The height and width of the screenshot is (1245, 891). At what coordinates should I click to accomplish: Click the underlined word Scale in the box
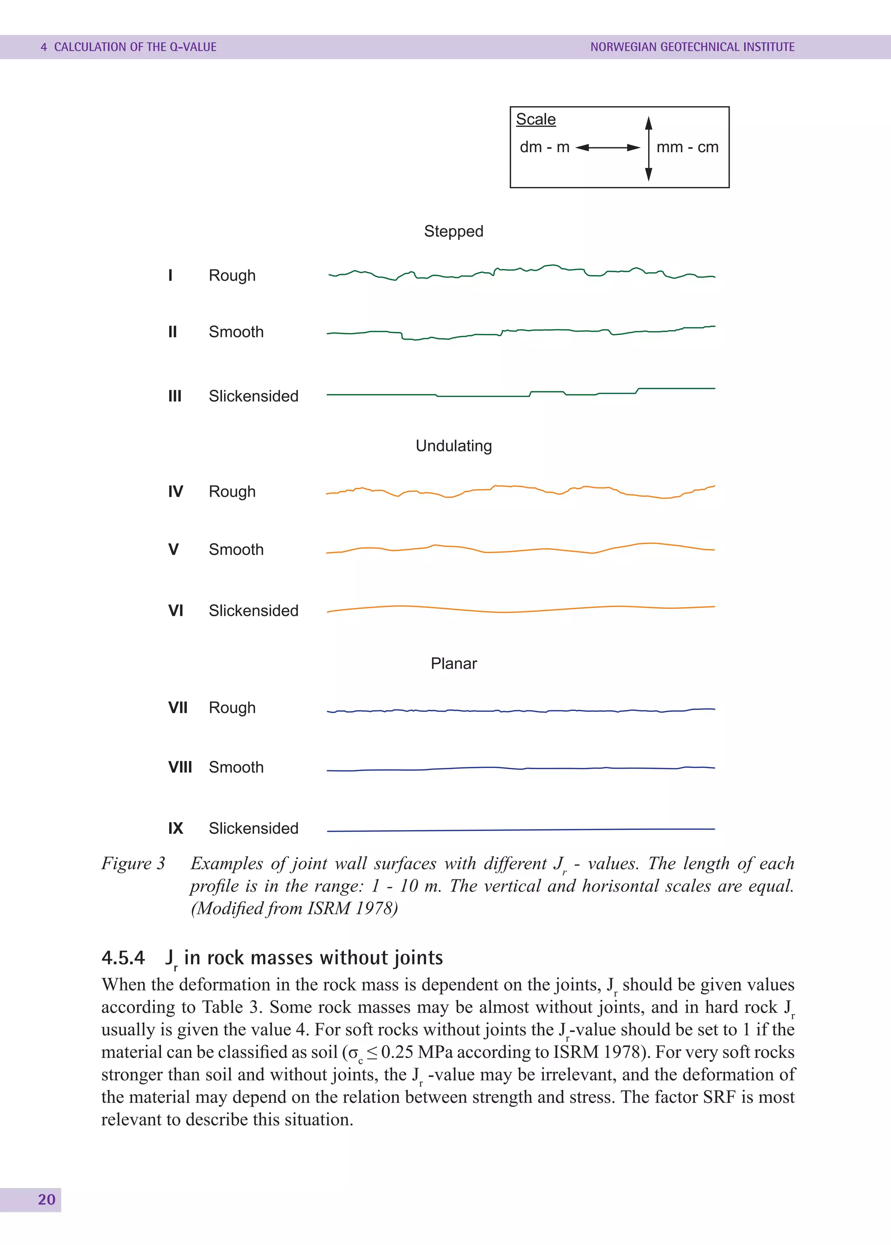(536, 119)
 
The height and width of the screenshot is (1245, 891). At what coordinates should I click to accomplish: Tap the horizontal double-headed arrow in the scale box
(607, 147)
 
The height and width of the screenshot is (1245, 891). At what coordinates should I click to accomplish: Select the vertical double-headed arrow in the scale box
(649, 148)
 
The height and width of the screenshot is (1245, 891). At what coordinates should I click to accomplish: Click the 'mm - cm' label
(687, 147)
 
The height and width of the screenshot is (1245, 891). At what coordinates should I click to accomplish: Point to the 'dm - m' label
(544, 147)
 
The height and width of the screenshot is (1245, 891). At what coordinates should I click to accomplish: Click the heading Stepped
(453, 231)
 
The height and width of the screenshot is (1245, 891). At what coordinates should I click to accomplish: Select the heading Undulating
(453, 445)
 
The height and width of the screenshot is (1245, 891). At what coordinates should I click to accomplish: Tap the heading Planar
(453, 663)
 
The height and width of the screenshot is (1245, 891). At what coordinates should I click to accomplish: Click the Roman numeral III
(174, 396)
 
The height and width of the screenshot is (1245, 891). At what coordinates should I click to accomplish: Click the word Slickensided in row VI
(254, 611)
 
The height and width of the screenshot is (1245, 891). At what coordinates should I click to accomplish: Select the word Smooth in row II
(236, 332)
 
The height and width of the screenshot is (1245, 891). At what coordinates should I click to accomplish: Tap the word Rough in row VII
(232, 708)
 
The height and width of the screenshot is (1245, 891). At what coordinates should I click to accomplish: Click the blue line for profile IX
(521, 830)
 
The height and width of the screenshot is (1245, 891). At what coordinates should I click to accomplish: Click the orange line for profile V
(521, 550)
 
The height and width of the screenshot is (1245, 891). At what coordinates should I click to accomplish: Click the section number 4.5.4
(123, 958)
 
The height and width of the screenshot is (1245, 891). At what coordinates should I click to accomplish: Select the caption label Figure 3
(133, 863)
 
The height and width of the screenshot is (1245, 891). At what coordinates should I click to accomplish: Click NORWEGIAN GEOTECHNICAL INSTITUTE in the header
(692, 47)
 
